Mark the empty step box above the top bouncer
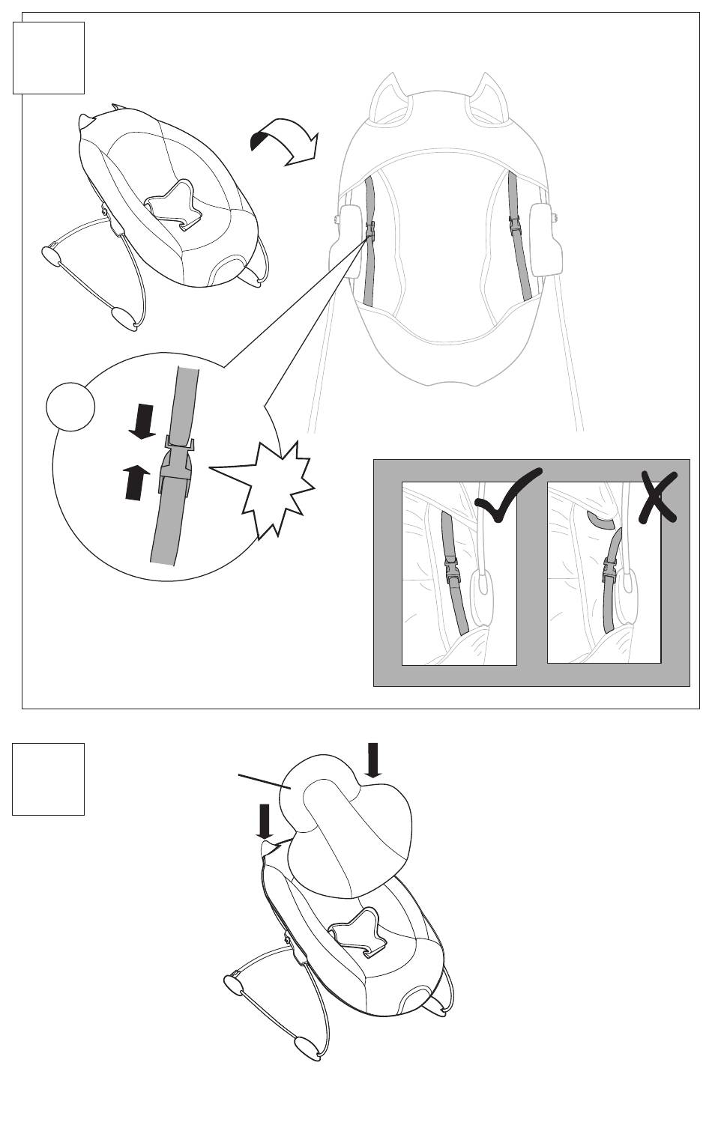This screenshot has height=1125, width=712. (x=49, y=58)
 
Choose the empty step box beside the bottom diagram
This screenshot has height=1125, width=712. (x=49, y=778)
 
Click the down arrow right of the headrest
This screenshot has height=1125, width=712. (x=373, y=760)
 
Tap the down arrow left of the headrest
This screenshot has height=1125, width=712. (x=264, y=822)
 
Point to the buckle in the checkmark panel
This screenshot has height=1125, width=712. (x=453, y=574)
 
